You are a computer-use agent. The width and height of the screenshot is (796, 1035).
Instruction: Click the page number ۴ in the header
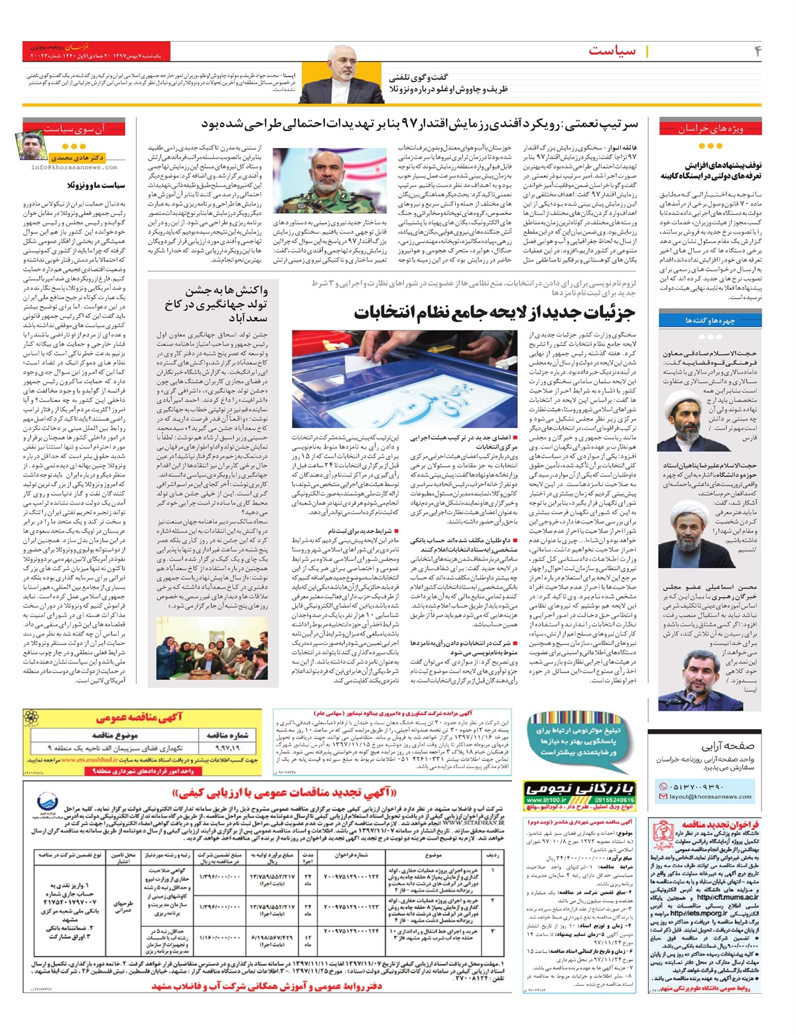[x=758, y=50]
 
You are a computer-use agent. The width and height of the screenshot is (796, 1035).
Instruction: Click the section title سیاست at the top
[x=612, y=50]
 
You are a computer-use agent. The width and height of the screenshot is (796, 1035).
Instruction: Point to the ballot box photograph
[x=405, y=379]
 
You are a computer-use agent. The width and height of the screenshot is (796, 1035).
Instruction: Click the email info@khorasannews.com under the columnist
[x=74, y=168]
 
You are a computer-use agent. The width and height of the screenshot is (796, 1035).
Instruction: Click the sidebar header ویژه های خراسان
[x=710, y=129]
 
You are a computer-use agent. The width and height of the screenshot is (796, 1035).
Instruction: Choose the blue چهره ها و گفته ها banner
[x=710, y=320]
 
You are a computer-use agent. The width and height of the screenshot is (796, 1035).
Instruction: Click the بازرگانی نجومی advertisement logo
[x=580, y=790]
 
